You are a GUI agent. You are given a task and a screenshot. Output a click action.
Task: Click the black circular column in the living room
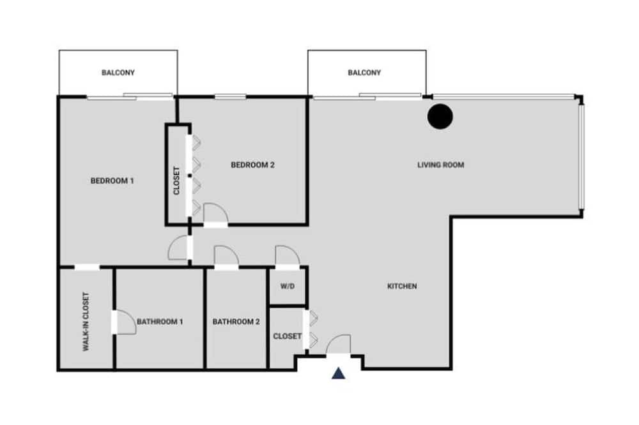tap(440, 116)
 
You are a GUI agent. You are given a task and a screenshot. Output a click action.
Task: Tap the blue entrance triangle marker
tap(338, 373)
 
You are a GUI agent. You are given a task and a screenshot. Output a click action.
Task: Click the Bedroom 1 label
tap(112, 181)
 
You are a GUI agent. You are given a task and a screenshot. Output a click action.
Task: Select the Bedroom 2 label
tap(252, 165)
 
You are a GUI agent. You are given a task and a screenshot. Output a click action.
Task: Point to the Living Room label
tap(440, 165)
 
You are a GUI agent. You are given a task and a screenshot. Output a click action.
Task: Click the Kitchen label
tap(402, 286)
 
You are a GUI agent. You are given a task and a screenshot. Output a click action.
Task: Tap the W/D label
tap(288, 286)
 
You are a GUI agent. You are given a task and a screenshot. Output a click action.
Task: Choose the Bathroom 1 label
tap(160, 322)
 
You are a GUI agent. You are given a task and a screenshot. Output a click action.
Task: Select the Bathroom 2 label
tap(236, 322)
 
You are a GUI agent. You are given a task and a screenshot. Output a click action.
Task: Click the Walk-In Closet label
tap(86, 322)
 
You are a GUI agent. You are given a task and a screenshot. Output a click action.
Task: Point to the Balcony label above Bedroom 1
tap(118, 73)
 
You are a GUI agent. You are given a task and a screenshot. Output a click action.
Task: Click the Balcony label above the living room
tap(364, 73)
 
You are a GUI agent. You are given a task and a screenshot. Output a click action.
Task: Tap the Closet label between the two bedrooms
tap(176, 181)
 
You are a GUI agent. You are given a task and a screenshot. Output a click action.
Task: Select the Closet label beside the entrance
tap(288, 336)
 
